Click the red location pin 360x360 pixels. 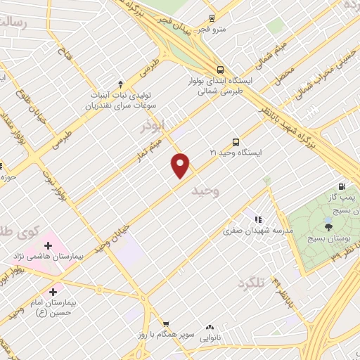(x=181, y=165)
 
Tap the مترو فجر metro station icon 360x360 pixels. (x=212, y=20)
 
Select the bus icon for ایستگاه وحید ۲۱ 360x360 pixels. (x=235, y=141)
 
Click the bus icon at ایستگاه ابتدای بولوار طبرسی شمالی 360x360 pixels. (x=221, y=70)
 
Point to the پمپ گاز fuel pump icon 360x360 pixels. (x=342, y=187)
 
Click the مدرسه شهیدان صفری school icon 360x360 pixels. (x=257, y=219)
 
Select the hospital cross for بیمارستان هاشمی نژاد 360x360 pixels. (x=48, y=245)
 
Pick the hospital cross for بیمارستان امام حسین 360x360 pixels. (x=53, y=290)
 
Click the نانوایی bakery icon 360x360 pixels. (x=210, y=327)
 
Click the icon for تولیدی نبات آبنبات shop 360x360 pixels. (x=120, y=81)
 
